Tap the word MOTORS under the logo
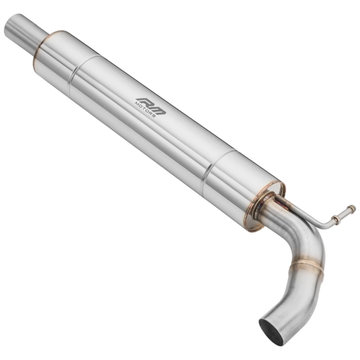point(146,110)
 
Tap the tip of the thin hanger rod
point(352,209)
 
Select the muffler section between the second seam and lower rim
point(237,180)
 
